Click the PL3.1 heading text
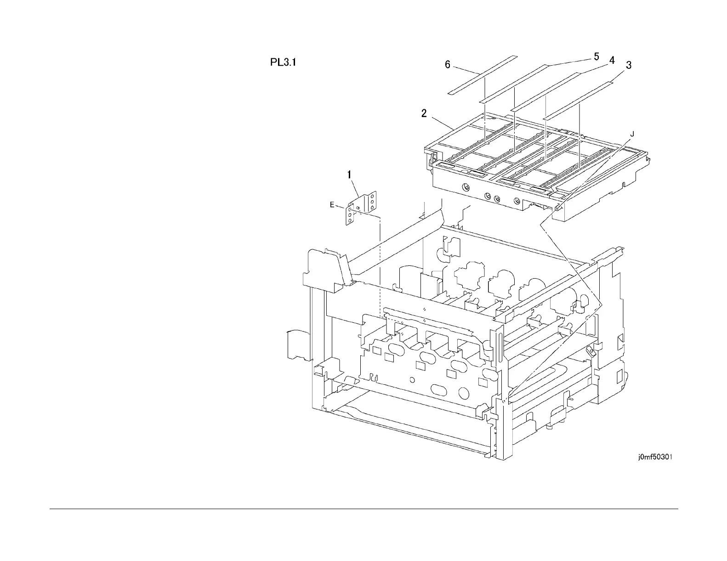(x=283, y=62)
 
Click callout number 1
(x=350, y=174)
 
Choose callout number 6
(x=448, y=65)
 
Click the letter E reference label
(x=332, y=205)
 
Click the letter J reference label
(x=632, y=134)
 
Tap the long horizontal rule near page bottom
(x=363, y=509)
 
